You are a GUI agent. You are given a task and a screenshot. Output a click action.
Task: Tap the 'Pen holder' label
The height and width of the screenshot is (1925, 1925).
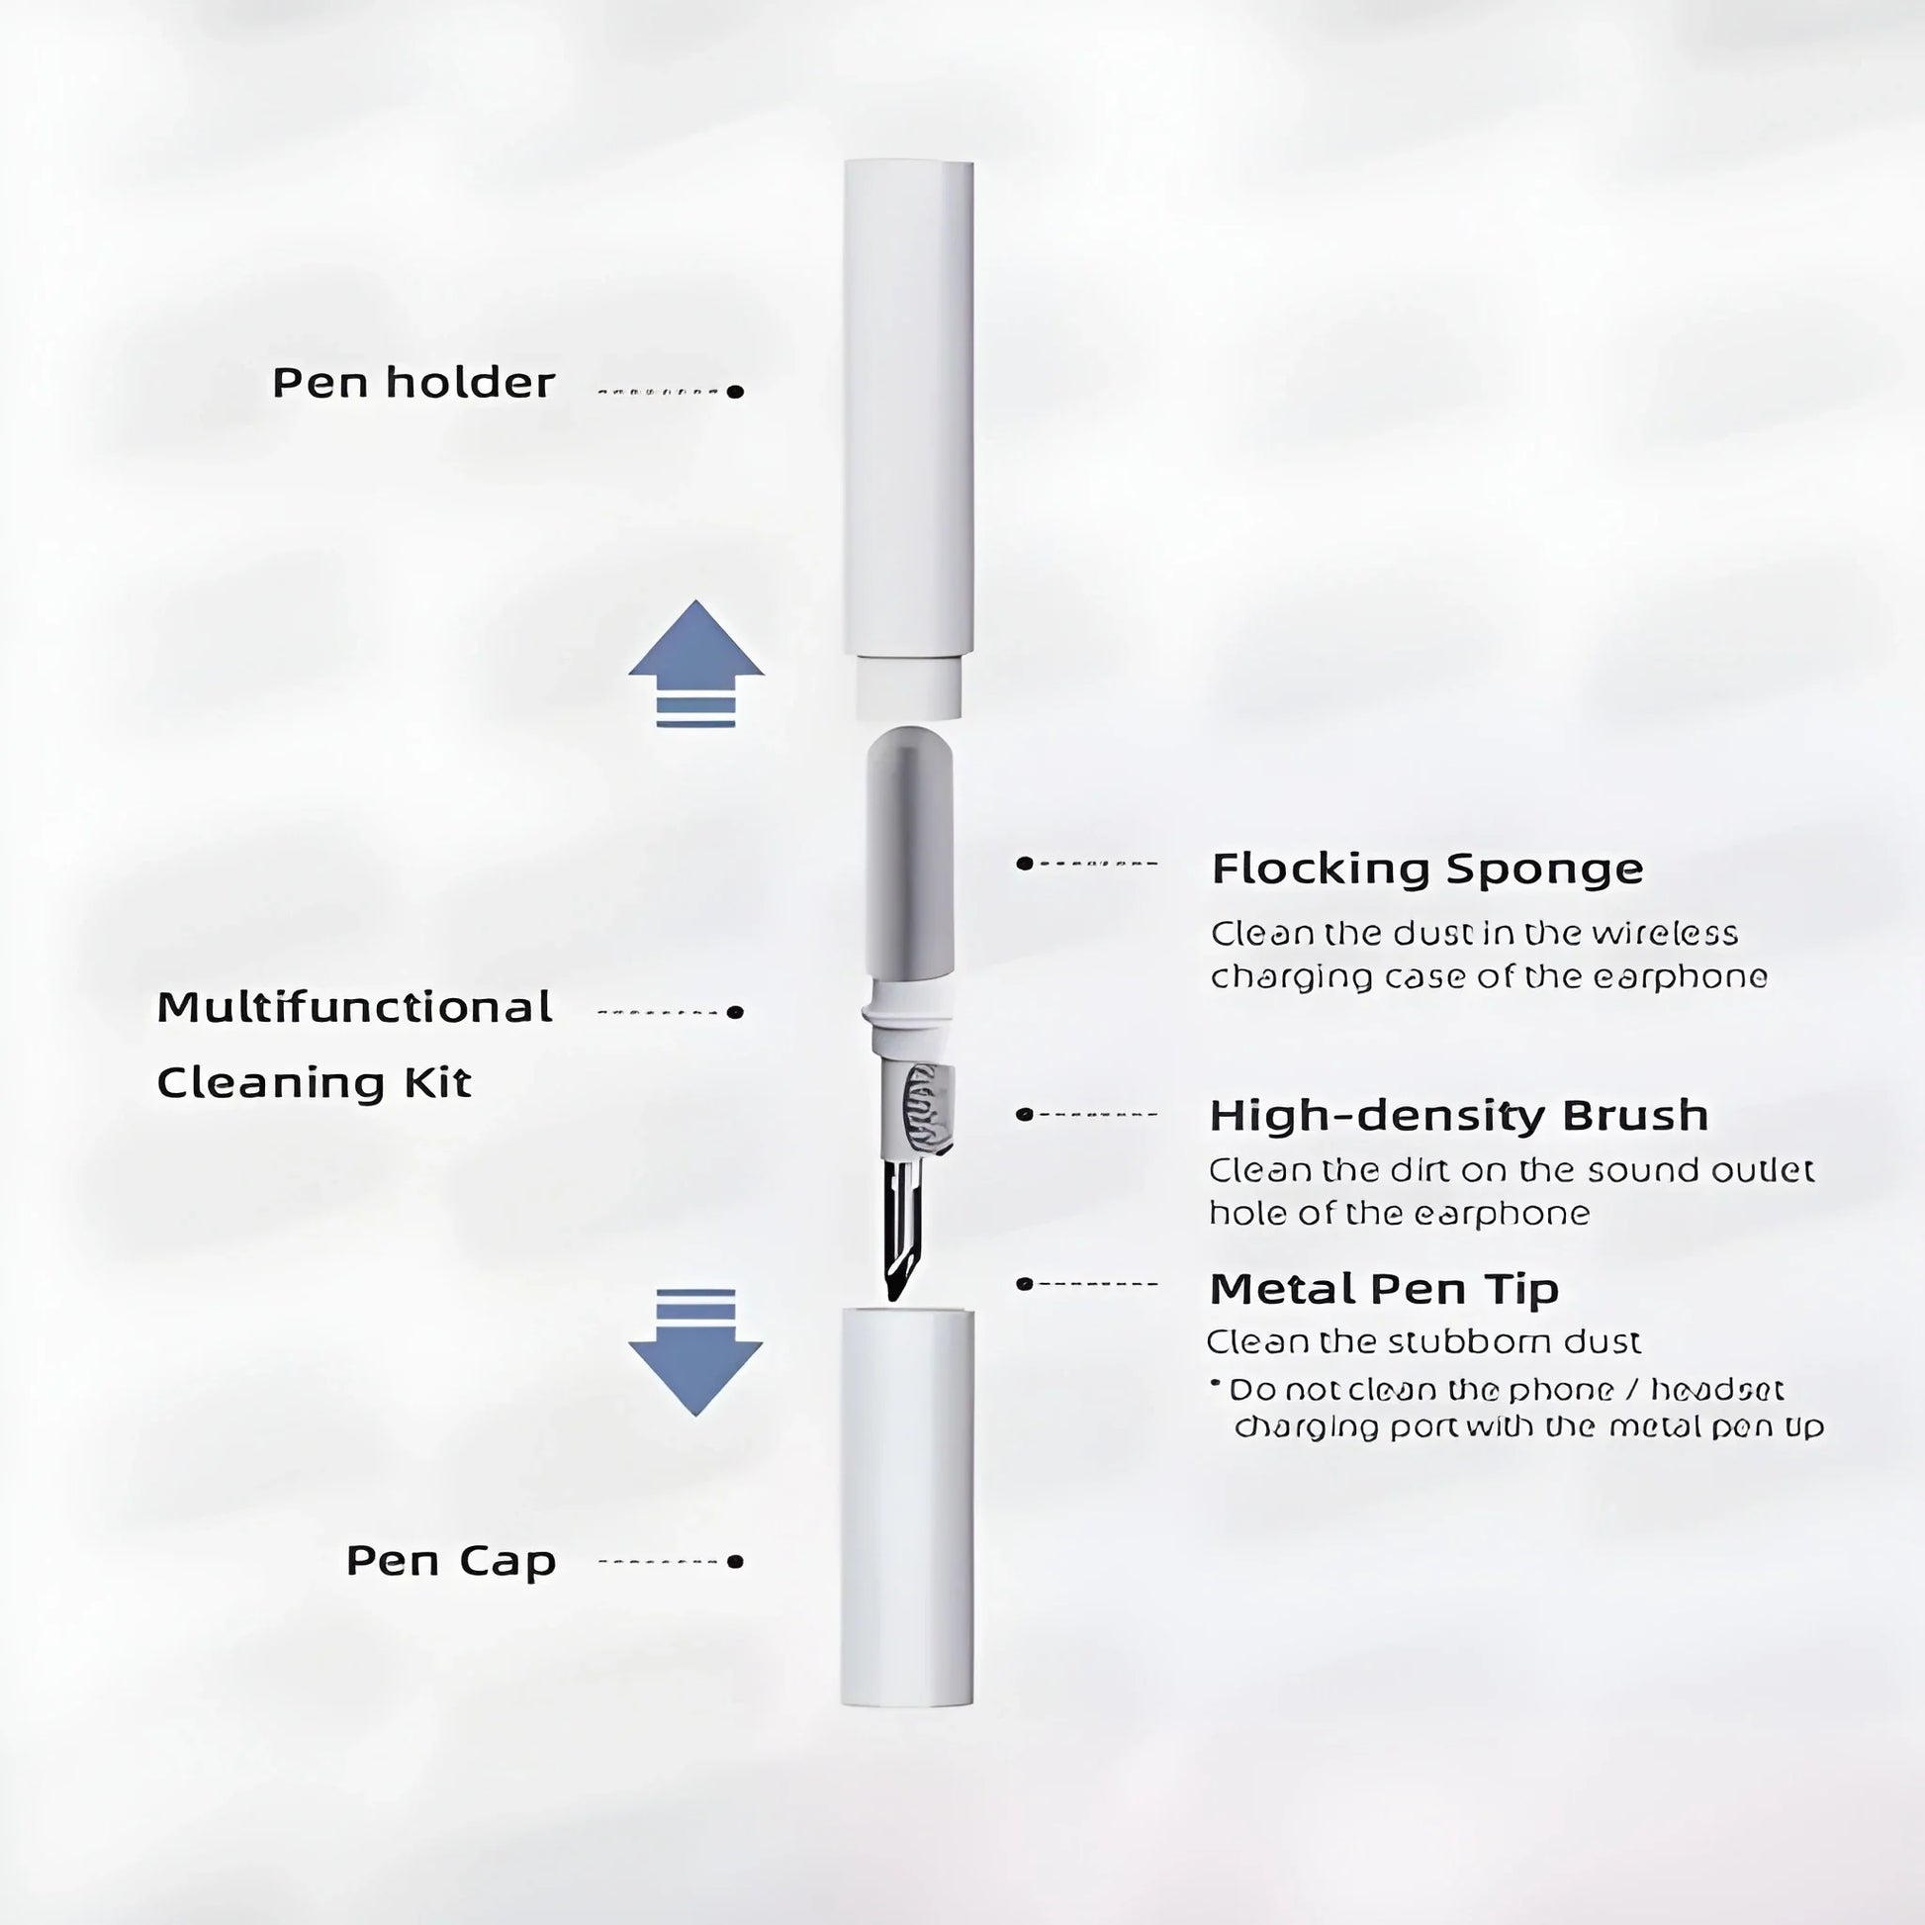pyautogui.click(x=413, y=384)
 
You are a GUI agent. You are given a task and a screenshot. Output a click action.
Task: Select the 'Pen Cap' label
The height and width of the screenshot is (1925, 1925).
pyautogui.click(x=450, y=1561)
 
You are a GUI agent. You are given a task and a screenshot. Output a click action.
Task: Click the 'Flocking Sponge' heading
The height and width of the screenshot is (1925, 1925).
pyautogui.click(x=1426, y=869)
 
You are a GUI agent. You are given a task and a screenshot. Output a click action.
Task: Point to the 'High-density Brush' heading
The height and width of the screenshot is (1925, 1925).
pyautogui.click(x=1459, y=1115)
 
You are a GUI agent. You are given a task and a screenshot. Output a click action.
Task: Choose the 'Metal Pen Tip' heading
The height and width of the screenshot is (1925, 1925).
pyautogui.click(x=1384, y=1289)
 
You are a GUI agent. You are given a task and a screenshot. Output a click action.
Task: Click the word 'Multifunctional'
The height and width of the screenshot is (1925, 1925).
pyautogui.click(x=355, y=1007)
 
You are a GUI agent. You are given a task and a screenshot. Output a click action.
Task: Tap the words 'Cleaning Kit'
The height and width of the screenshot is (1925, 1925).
pyautogui.click(x=314, y=1083)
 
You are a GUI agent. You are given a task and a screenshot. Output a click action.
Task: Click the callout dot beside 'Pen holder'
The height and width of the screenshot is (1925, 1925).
pyautogui.click(x=735, y=392)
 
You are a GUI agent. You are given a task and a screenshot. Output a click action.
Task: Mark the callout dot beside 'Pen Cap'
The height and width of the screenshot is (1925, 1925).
pyautogui.click(x=735, y=1561)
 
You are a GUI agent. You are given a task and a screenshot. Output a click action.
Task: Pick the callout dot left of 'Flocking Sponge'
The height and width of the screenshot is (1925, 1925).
pyautogui.click(x=1023, y=863)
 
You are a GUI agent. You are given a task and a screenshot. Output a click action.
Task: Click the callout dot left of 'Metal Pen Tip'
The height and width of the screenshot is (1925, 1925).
pyautogui.click(x=1023, y=1284)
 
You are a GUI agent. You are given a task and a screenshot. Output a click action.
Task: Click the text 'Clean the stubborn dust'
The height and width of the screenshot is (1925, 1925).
pyautogui.click(x=1423, y=1343)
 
